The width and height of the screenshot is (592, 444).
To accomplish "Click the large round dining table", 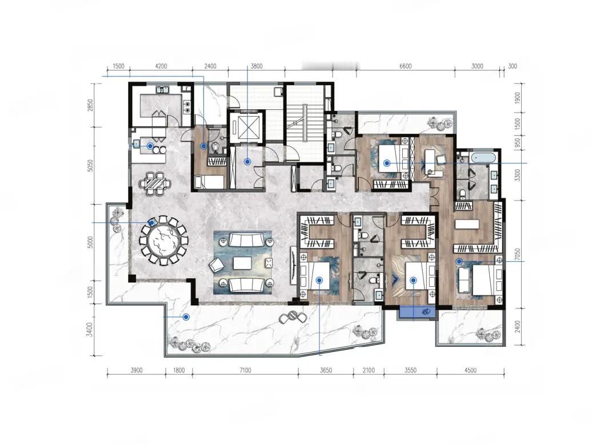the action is pos(163,241).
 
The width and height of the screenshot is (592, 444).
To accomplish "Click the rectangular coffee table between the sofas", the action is pos(242,263).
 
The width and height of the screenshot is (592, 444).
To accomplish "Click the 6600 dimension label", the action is pos(406,66).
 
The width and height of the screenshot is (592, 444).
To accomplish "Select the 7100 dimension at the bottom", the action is pos(245,370).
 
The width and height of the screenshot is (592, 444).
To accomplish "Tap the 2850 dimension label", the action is pos(90,105).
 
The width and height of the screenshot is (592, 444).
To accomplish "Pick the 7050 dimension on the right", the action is pos(518,255).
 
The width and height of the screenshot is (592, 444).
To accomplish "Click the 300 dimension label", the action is pos(513,66).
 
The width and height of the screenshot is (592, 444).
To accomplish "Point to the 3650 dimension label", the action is pos(326,370).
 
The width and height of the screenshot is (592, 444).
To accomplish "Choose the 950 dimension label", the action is pos(518,142).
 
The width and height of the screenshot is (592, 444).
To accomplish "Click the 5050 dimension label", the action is pos(90,166).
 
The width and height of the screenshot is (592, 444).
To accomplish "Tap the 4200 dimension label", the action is pos(161,66).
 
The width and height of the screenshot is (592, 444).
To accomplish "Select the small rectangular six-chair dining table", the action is pos(155,183).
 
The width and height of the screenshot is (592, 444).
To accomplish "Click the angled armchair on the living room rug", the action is pos(216,265).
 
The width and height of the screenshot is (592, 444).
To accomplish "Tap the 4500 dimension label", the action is pos(470,370).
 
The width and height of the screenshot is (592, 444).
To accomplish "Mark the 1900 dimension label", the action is pos(518,98).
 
